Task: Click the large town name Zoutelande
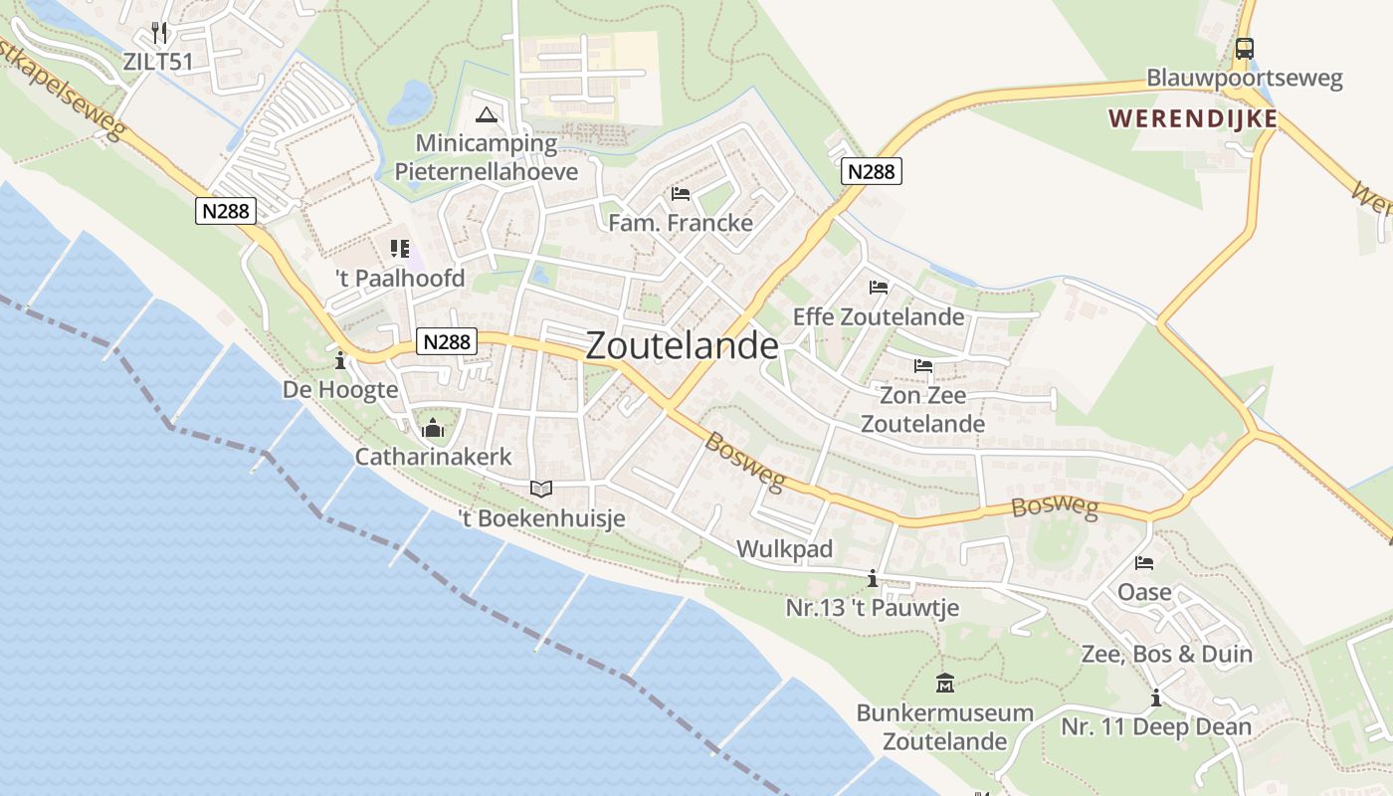pos(683,345)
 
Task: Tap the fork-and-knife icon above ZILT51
pos(159,32)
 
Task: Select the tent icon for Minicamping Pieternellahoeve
pos(486,114)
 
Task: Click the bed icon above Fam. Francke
pos(681,193)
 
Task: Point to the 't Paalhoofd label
pos(400,279)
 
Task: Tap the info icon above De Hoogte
pos(340,359)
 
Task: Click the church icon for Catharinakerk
pos(433,429)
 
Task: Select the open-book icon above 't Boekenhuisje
pos(541,489)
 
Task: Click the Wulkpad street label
pos(784,549)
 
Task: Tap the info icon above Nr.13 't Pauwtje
pos(873,578)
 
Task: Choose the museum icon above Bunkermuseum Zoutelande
pos(945,684)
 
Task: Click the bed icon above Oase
pos(1144,563)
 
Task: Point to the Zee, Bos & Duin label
pos(1166,655)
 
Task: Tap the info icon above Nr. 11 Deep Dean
pos(1155,698)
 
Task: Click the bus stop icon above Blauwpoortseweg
pos(1244,48)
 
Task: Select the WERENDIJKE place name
pos(1193,118)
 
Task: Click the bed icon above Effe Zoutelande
pos(879,288)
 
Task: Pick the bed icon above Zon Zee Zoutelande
pos(923,366)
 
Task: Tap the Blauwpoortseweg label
pos(1244,78)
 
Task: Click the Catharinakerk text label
pos(434,457)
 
